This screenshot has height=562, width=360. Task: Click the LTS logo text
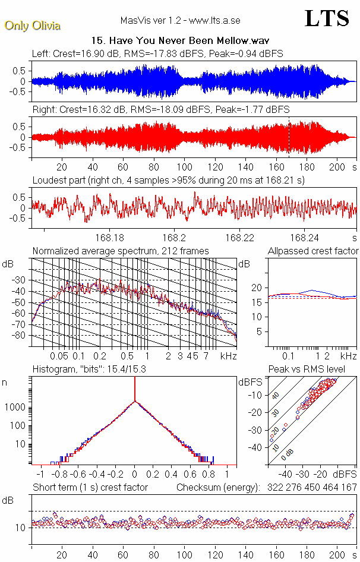326,19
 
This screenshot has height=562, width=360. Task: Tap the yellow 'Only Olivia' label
32,26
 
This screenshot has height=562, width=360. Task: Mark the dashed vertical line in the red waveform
289,137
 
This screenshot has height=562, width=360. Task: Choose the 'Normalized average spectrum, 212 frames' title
121,251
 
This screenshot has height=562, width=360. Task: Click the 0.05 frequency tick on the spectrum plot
59,356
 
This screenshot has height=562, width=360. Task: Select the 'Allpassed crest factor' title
313,251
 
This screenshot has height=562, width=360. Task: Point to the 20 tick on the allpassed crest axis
257,288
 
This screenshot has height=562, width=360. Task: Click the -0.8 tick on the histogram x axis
58,475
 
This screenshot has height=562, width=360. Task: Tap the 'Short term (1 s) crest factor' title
90,487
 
